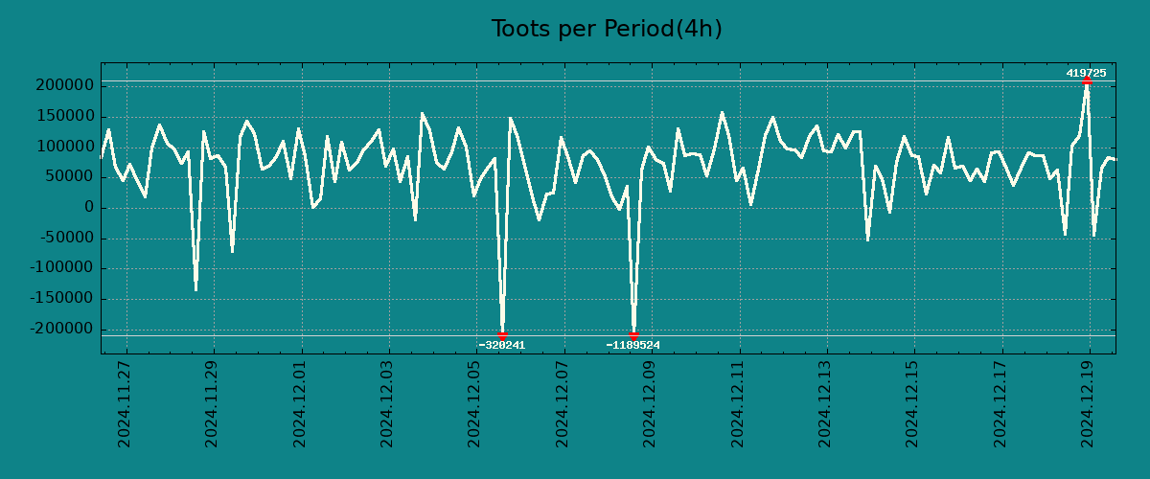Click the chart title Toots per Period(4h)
click(x=607, y=29)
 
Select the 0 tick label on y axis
click(x=88, y=208)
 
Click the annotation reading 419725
click(x=1086, y=73)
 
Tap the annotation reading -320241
click(x=502, y=345)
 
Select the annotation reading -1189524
click(x=633, y=345)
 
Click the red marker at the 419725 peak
click(x=1087, y=80)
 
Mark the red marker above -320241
click(x=502, y=335)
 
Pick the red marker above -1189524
click(x=633, y=335)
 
